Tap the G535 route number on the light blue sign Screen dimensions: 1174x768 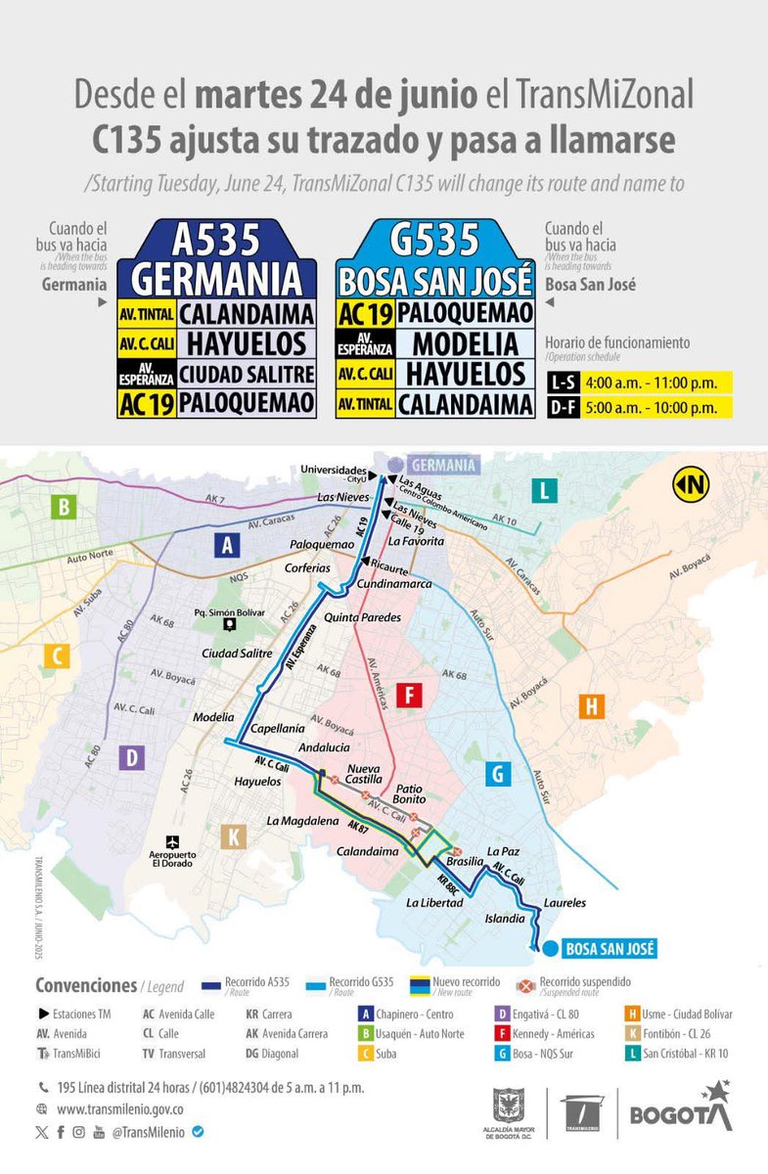pyautogui.click(x=434, y=240)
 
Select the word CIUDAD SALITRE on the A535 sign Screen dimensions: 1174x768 pyautogui.click(x=247, y=375)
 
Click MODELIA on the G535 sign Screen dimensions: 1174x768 pyautogui.click(x=465, y=343)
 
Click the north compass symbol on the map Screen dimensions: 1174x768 pyautogui.click(x=691, y=483)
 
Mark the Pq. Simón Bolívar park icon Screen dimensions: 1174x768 pyautogui.click(x=228, y=624)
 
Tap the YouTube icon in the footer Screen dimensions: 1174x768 pyautogui.click(x=99, y=1132)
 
